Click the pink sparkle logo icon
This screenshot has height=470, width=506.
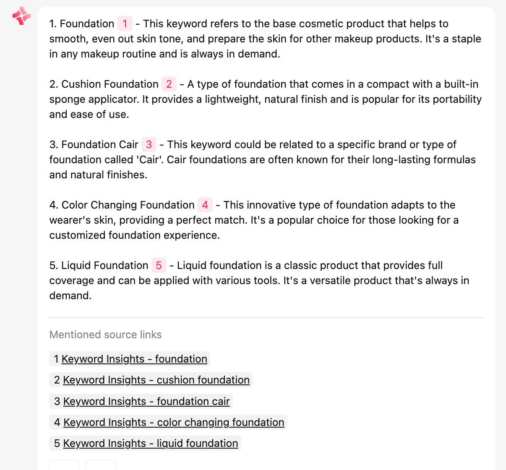coord(21,16)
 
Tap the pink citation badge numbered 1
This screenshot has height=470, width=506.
coord(125,24)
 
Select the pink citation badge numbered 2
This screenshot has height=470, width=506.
coord(169,84)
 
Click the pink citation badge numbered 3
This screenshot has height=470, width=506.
coord(149,145)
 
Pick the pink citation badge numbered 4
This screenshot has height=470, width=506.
coord(205,205)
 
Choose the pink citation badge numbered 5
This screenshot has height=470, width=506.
coord(159,266)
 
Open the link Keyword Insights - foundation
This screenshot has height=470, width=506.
coord(134,359)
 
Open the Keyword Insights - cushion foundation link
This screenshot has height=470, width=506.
coord(156,380)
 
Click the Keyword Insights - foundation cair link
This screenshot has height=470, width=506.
coord(146,402)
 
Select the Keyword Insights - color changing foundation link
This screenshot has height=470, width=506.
coord(174,423)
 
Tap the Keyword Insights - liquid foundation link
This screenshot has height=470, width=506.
coord(150,444)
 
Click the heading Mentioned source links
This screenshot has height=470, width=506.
coord(105,335)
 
